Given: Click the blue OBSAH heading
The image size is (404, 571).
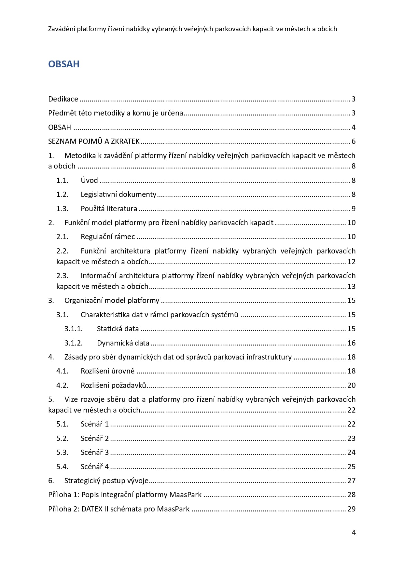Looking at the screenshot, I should (64, 64).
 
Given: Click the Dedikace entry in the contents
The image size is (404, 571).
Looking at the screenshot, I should (63, 99).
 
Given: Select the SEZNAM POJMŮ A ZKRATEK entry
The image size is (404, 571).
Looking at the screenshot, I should (94, 141).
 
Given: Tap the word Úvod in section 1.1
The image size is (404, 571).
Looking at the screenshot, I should (89, 180).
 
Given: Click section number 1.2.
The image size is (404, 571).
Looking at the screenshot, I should (62, 195).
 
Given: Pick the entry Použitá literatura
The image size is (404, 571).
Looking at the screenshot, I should (109, 209).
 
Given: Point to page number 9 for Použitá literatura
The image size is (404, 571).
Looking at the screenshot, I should (353, 209).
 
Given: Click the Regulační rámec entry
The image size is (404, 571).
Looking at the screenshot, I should (108, 237).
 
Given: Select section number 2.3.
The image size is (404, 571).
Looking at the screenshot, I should (62, 276).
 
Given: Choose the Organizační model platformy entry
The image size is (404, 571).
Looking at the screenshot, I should (112, 300).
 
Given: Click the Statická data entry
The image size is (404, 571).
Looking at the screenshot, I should (118, 329).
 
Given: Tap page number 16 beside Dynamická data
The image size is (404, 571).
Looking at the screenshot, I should (351, 343).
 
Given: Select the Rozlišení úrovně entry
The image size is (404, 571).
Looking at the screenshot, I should (107, 371).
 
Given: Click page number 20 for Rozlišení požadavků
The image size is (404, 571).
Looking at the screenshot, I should (351, 385).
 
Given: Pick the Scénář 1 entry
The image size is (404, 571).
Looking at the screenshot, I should (95, 424).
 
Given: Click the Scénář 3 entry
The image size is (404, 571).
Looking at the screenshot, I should (95, 452).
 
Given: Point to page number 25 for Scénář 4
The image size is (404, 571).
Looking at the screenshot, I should (351, 467).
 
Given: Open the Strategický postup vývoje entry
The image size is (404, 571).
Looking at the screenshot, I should (106, 481).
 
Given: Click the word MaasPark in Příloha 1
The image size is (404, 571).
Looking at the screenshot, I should (185, 495).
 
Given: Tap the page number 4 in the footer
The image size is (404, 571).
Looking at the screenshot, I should (354, 532).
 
